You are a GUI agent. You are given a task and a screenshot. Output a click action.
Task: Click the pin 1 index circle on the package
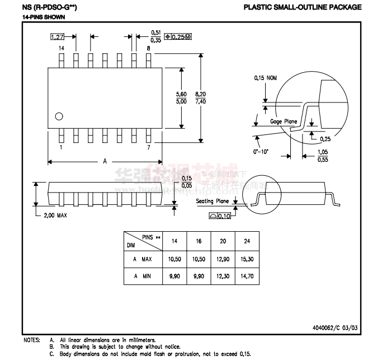(58, 116)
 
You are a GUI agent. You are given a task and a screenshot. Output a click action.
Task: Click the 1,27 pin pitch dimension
(56, 37)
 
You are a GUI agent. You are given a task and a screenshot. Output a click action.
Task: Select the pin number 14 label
(62, 49)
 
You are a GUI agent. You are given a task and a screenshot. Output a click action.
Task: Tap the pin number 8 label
(148, 49)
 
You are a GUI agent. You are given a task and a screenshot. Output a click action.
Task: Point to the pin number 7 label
(148, 147)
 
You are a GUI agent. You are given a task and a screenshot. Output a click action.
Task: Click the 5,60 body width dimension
(181, 95)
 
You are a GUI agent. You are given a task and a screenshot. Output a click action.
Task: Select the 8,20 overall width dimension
(200, 95)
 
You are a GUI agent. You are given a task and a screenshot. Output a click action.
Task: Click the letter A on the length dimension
(105, 161)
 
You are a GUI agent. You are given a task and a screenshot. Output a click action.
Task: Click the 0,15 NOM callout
(266, 78)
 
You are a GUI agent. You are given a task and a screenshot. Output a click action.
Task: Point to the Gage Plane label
(284, 121)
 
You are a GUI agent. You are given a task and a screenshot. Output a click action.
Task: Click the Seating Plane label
(213, 201)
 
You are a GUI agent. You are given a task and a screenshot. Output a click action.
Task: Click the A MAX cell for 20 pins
(223, 260)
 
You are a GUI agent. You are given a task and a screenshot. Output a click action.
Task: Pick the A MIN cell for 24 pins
(247, 277)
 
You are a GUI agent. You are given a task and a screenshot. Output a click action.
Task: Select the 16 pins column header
(199, 241)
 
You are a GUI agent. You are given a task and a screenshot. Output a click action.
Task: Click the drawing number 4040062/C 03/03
(333, 328)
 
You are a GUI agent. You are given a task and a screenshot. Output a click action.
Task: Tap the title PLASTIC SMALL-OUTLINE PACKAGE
(303, 7)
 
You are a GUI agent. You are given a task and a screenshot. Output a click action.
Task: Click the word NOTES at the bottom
(31, 340)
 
